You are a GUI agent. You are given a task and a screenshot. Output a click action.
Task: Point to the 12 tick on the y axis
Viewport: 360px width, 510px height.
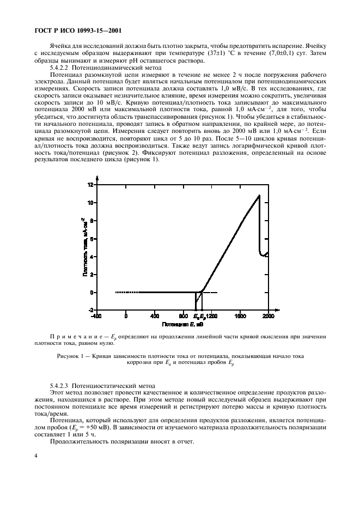[90, 185]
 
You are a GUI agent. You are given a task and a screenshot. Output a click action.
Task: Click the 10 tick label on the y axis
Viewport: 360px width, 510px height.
[90, 203]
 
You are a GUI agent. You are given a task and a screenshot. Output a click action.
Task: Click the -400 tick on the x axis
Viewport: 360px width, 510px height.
[96, 316]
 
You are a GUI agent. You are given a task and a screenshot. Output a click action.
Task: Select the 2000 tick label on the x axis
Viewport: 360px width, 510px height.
[269, 316]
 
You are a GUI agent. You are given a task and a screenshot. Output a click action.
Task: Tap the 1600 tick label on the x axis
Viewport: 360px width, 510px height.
[240, 316]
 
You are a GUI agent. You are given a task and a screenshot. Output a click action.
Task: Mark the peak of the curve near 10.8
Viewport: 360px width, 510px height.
[259, 195]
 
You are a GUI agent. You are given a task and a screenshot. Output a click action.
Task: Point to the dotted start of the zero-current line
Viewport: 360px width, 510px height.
[117, 293]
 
